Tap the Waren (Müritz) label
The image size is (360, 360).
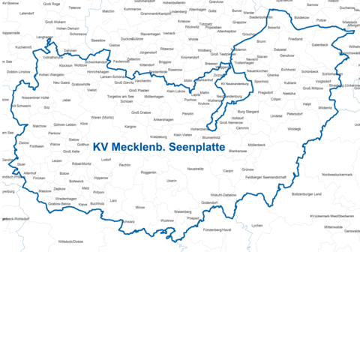102,117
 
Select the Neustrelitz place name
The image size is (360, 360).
196,169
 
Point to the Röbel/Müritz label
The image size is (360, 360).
81,163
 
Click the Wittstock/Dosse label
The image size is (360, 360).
70,241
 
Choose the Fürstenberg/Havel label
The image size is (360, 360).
217,229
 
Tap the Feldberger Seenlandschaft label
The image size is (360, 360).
264,177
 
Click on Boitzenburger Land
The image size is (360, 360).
306,193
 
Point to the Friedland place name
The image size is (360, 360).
295,38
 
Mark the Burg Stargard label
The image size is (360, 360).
247,111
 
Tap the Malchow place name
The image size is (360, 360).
39,126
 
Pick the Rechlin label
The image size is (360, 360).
125,164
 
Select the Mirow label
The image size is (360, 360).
140,206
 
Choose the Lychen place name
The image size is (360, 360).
257,225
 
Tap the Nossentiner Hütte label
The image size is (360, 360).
36,97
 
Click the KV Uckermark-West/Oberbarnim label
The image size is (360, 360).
330,216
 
